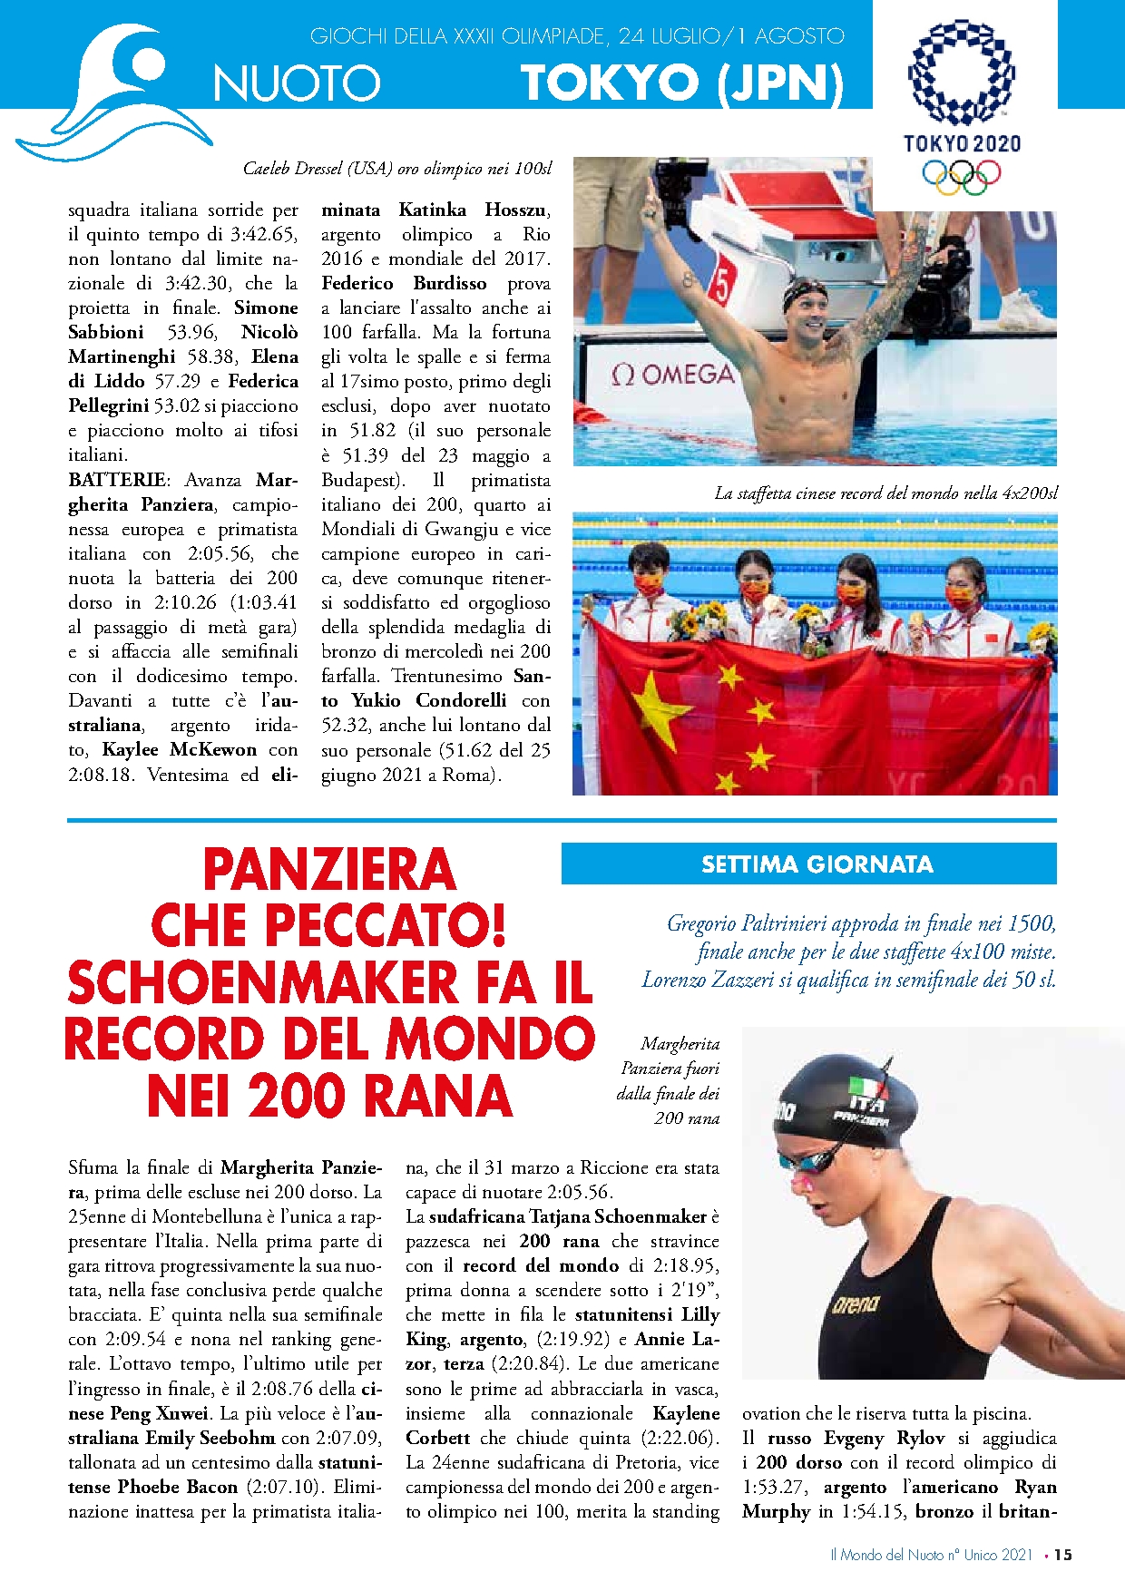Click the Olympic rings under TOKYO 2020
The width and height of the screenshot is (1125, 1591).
tap(962, 176)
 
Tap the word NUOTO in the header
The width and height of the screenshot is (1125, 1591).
tap(297, 84)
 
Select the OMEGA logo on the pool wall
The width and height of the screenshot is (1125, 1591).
tap(672, 375)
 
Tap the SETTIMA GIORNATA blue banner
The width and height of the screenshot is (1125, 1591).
tap(808, 864)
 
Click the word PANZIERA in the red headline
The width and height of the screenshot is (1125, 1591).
tap(329, 870)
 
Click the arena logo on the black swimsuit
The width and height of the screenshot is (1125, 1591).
tap(855, 1304)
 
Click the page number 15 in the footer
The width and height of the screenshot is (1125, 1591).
tap(1063, 1555)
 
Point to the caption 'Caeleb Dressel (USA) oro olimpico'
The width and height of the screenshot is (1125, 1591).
tap(396, 169)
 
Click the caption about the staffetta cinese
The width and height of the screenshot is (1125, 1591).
tap(885, 493)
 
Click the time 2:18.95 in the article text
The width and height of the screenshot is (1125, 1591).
tap(679, 1265)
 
